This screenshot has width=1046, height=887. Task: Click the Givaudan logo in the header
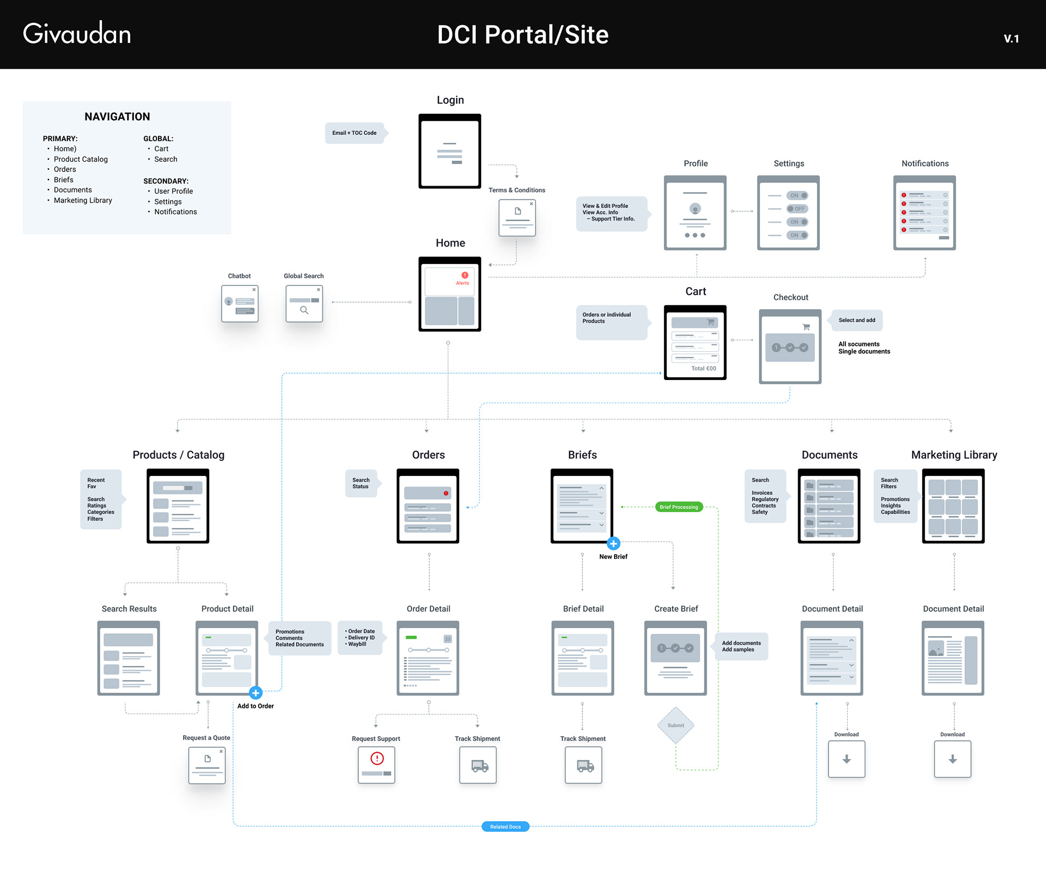coord(77,34)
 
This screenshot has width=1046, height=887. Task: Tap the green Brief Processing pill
coord(678,507)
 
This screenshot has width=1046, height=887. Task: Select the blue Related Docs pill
coord(505,827)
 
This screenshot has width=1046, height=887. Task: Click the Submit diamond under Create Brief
coord(676,725)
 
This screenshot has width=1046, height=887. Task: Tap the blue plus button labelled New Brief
coord(613,543)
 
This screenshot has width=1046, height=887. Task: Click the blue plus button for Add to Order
coord(256,693)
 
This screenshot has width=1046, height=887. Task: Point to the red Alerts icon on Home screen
coord(465,276)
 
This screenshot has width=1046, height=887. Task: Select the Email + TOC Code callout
coord(355,133)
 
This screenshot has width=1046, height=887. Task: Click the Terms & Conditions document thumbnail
coord(517,217)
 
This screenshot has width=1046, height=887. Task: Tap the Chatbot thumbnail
coord(240,304)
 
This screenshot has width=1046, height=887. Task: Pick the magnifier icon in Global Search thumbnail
coord(304,310)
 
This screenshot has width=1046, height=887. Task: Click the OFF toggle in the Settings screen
coord(797,209)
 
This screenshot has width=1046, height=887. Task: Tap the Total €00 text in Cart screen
coord(703,369)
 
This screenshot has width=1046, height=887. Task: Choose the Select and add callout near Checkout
coord(856,320)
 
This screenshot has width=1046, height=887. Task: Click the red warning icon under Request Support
coord(377,758)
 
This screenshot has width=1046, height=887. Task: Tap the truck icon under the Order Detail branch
coord(478,766)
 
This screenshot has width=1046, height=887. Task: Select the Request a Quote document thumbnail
coord(207,765)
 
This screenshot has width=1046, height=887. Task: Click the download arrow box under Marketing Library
coord(952,759)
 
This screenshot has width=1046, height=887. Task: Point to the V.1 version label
coord(1011,38)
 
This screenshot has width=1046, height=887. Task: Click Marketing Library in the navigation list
coord(83,200)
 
